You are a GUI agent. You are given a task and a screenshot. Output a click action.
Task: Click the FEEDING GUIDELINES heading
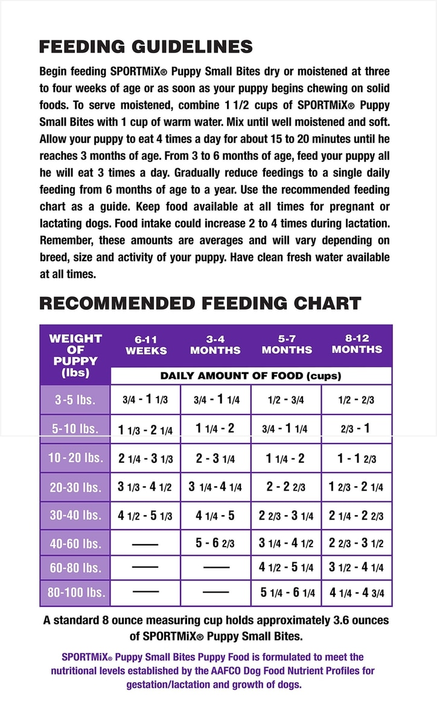[145, 47]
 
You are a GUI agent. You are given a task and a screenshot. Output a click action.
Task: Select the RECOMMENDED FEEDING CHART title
[200, 303]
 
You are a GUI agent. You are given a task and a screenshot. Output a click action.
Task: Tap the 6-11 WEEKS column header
[145, 345]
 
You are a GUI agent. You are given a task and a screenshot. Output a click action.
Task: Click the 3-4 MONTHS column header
[215, 345]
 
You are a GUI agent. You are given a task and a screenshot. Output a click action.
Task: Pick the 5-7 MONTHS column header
[287, 345]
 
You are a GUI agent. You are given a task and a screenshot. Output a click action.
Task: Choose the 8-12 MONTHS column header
[357, 345]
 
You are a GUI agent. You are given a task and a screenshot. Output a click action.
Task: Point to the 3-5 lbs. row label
[75, 400]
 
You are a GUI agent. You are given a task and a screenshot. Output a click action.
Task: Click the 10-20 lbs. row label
[75, 458]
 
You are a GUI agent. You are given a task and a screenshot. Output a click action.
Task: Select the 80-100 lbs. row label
[75, 592]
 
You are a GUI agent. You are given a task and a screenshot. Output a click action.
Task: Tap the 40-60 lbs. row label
[75, 543]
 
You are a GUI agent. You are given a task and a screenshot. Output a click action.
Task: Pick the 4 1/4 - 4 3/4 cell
[357, 592]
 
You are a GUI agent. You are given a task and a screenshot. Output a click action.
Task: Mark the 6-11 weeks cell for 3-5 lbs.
[145, 400]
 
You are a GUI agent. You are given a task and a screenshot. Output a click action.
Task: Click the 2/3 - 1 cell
[357, 429]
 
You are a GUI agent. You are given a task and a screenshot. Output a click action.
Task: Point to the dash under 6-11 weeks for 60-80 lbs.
[145, 567]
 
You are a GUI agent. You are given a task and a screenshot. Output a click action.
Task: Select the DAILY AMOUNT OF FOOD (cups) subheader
[250, 376]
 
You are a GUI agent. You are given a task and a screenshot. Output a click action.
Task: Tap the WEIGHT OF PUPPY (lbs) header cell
[75, 355]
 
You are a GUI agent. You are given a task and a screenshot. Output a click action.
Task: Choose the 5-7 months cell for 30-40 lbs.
[286, 515]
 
